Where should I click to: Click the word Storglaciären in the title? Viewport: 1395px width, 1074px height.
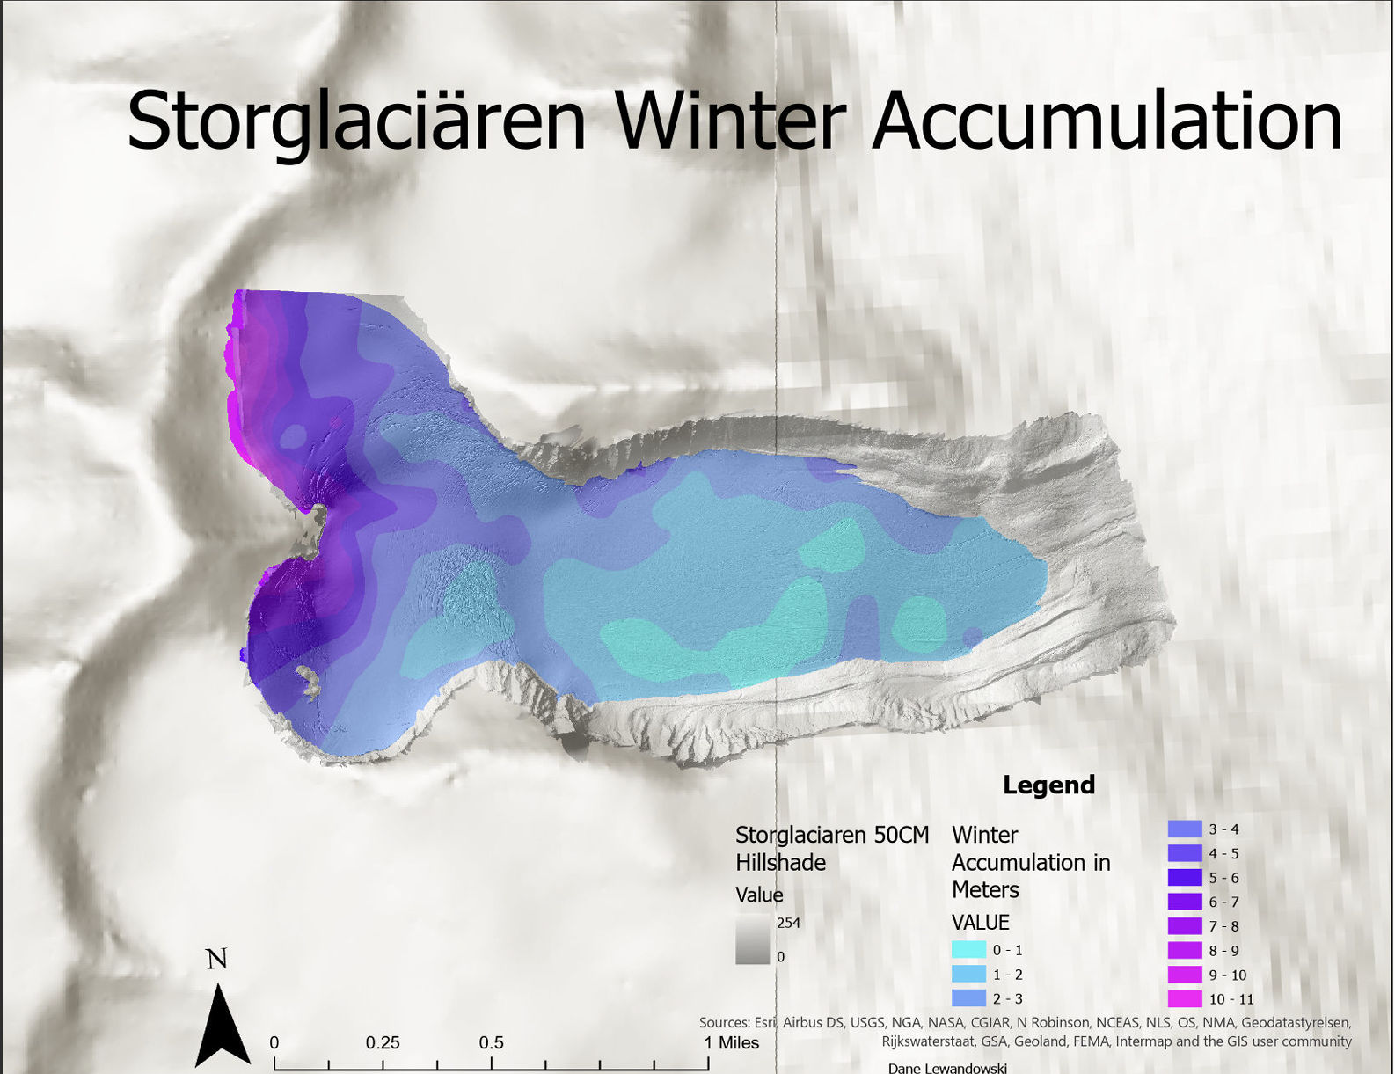click(356, 123)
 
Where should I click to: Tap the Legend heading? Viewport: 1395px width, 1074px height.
click(1048, 785)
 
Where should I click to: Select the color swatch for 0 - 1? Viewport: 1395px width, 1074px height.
click(968, 950)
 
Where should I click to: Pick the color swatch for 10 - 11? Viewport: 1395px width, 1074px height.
click(1184, 999)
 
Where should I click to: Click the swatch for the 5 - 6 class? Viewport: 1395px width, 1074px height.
click(1184, 878)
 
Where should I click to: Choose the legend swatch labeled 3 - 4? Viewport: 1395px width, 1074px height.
click(1184, 829)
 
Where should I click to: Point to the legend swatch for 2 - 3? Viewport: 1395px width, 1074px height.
click(968, 998)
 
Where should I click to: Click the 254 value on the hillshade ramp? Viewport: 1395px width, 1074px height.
click(788, 923)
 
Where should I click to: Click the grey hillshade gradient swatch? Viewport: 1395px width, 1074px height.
click(752, 940)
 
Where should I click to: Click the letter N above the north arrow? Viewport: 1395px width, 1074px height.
click(216, 959)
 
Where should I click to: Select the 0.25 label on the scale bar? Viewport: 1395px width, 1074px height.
click(383, 1043)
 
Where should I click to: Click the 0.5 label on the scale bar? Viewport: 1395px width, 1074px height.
click(491, 1043)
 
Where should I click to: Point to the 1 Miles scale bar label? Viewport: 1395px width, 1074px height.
click(731, 1043)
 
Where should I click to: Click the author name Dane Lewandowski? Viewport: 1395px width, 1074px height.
click(947, 1068)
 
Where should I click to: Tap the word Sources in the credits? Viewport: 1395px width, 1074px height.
click(724, 1023)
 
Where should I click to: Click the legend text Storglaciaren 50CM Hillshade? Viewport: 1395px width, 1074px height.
click(831, 848)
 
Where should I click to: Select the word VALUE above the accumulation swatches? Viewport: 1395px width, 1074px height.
click(980, 923)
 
